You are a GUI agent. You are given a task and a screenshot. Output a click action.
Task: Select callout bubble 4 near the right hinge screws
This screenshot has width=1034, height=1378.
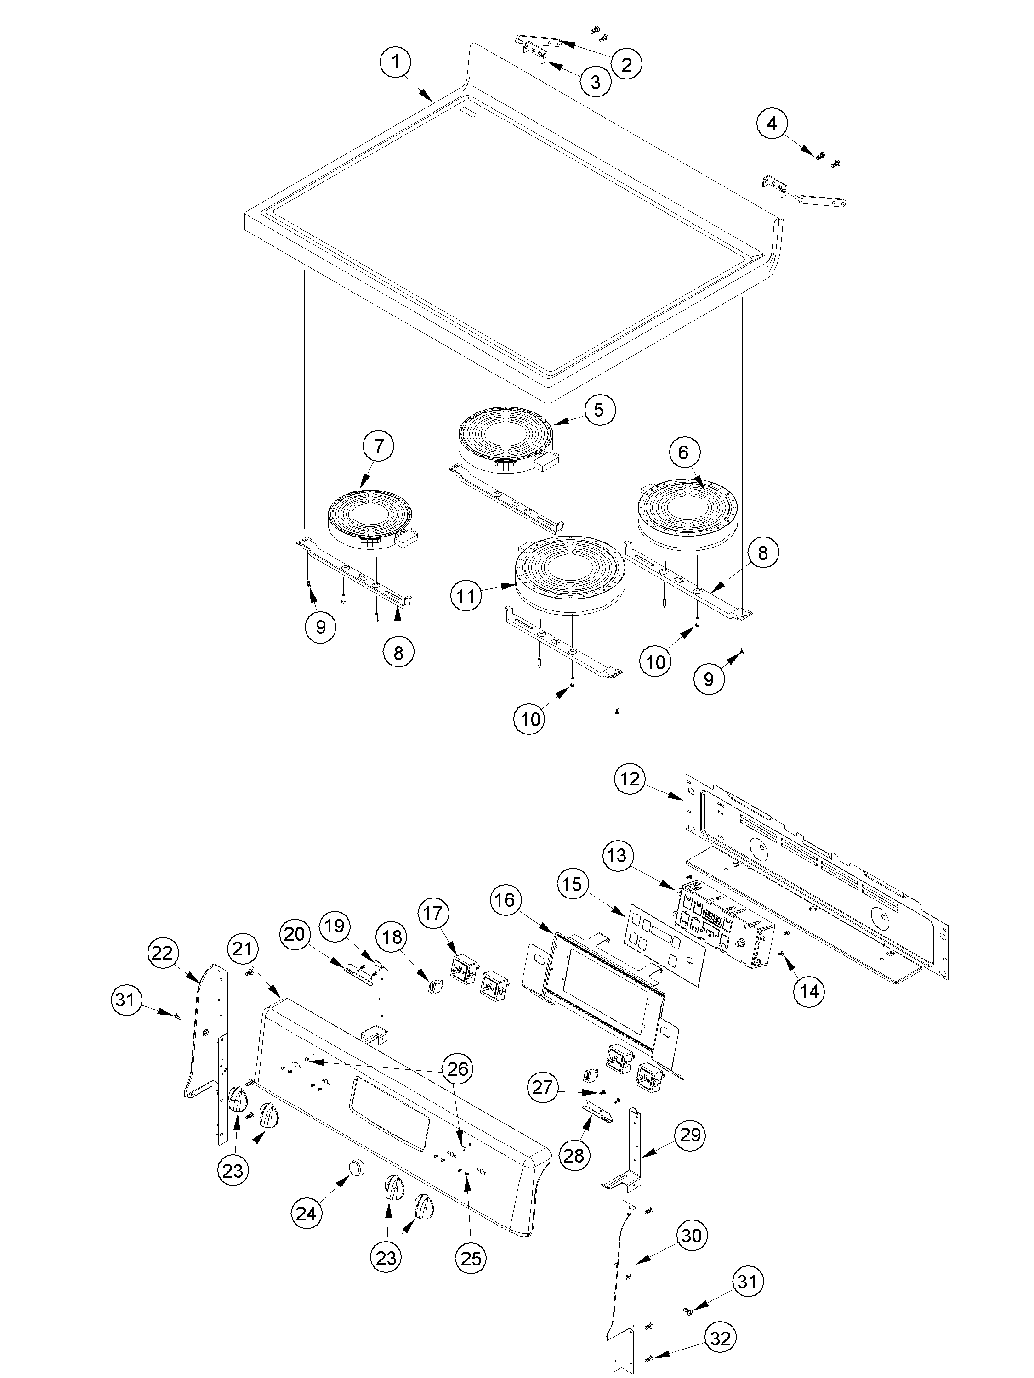(x=772, y=124)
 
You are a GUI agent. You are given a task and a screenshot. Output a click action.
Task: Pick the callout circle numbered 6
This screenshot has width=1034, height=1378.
(x=684, y=453)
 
